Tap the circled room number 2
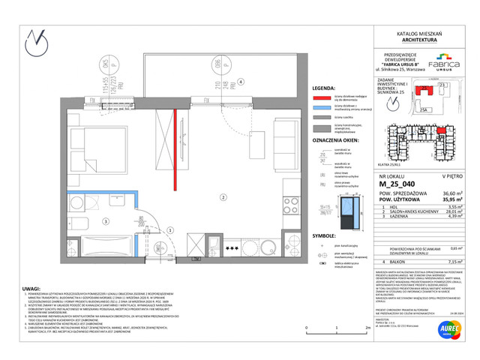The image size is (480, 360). (x=223, y=197)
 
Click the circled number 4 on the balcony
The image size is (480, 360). (x=241, y=82)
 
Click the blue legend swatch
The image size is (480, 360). (x=322, y=109)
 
